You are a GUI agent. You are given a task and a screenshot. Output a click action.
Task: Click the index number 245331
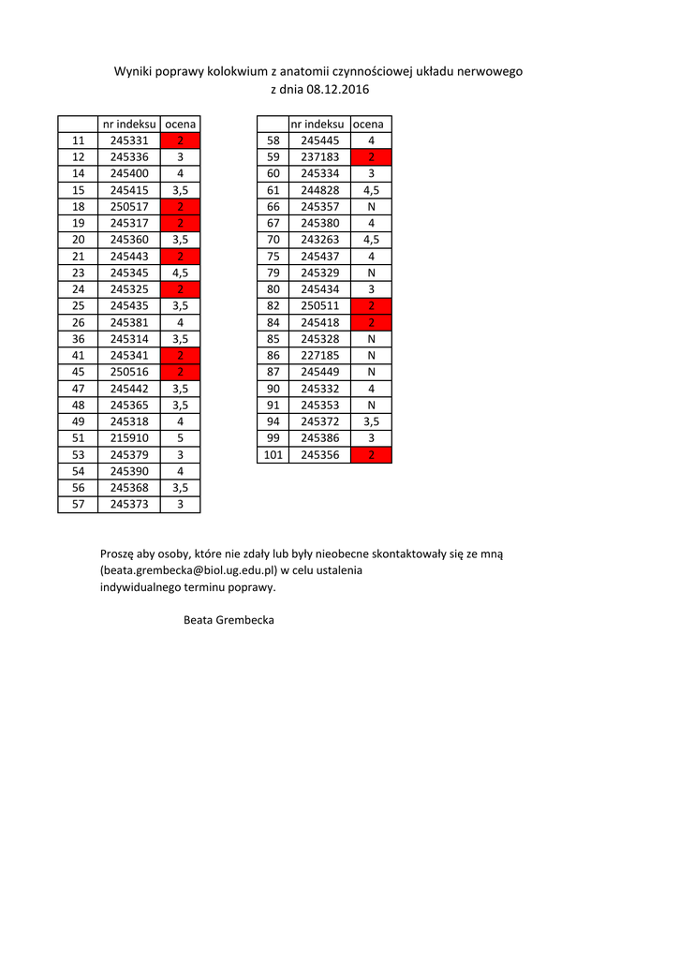tap(129, 140)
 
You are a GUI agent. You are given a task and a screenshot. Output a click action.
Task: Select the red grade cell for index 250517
tap(180, 207)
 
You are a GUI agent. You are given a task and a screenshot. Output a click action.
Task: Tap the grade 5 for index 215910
tap(180, 438)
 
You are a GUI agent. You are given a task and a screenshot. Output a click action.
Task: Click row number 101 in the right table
tap(273, 455)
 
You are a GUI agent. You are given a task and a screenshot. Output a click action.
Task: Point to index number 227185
tap(320, 356)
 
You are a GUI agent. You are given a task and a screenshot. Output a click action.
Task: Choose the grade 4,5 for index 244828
tap(372, 190)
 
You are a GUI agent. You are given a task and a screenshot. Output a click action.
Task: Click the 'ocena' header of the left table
tap(180, 125)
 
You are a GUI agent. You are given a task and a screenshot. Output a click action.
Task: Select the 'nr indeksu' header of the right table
tap(317, 125)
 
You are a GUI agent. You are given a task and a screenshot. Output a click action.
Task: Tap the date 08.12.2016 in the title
tap(338, 90)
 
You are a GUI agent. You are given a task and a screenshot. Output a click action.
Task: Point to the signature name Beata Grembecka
tap(229, 620)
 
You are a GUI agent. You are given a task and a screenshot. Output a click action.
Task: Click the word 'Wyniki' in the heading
tap(134, 72)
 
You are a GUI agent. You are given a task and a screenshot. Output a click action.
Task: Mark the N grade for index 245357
tap(372, 207)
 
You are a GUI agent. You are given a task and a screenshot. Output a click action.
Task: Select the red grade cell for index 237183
tap(372, 157)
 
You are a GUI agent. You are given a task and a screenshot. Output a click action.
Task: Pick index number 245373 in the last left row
tap(129, 505)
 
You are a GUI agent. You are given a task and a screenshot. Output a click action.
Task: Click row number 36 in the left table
tap(79, 339)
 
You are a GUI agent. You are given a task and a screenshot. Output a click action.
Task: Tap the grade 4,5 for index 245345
tap(180, 273)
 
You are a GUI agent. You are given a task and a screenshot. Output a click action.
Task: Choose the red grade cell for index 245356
tap(372, 455)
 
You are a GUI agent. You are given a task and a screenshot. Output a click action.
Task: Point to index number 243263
tap(320, 240)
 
